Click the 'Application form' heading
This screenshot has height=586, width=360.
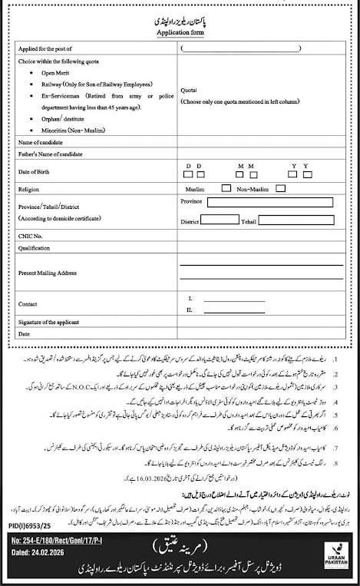pyautogui.click(x=179, y=35)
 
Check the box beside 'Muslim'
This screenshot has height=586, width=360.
pyautogui.click(x=226, y=187)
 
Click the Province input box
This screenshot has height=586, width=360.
pyautogui.click(x=269, y=203)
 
